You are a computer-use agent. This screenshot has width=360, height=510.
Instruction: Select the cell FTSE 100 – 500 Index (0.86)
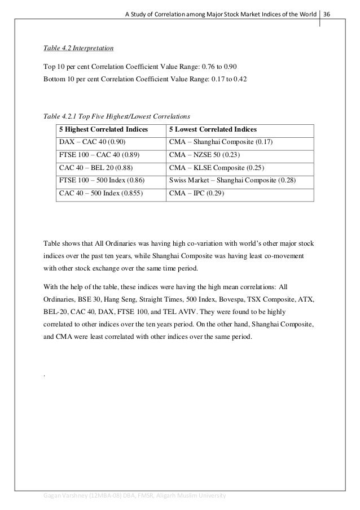(x=101, y=181)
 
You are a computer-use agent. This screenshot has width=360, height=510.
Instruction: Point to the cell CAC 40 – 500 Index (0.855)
(x=100, y=193)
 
